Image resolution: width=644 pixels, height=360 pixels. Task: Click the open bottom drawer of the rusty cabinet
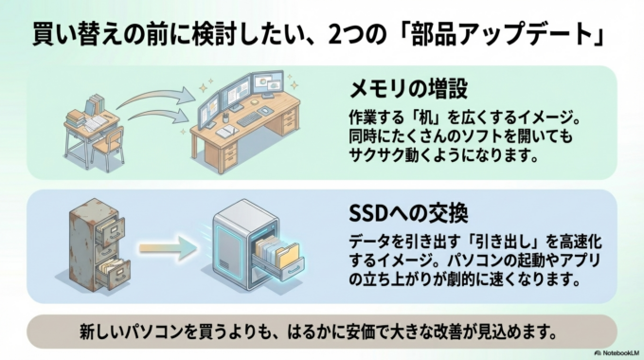point(113,272)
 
